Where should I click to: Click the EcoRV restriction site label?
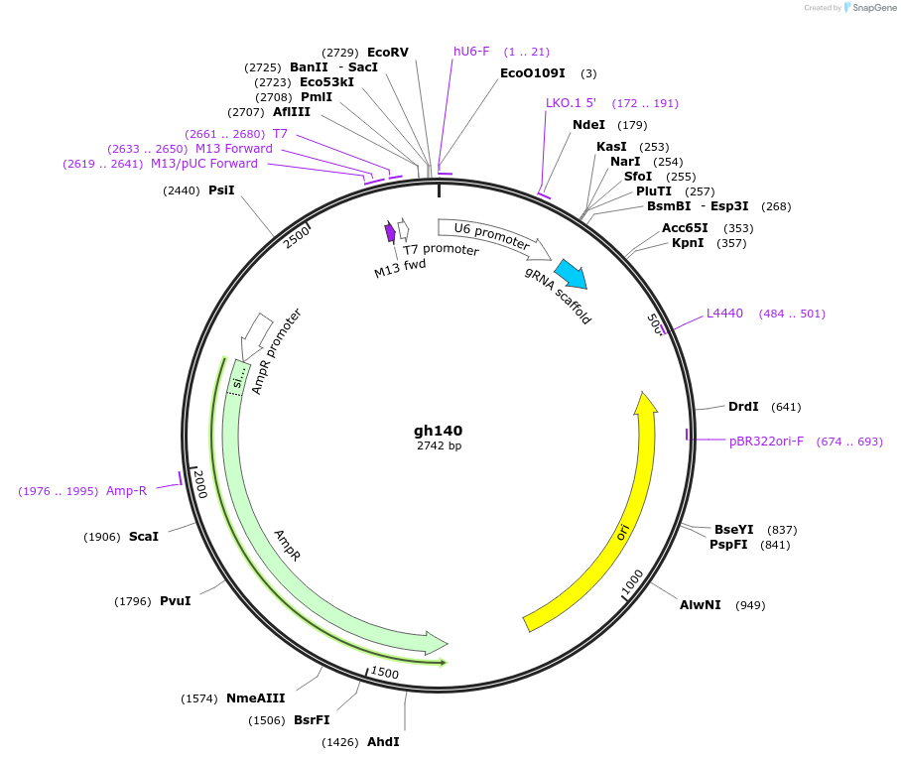click(x=388, y=52)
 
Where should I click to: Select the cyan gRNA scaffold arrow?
click(x=570, y=274)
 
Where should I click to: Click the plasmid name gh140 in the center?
click(x=438, y=431)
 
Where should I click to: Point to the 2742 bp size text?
click(x=439, y=446)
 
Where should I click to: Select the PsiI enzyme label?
click(x=221, y=190)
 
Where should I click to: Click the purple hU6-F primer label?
click(x=471, y=52)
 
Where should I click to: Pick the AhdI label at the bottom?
click(x=383, y=741)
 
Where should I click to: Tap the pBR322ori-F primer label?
click(x=766, y=441)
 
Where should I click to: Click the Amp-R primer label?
click(x=126, y=490)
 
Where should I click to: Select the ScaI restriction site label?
click(x=143, y=536)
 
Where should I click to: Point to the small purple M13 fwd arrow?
click(x=390, y=232)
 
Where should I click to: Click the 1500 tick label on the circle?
click(x=384, y=674)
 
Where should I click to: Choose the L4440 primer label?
click(x=724, y=314)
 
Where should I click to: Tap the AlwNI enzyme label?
click(x=701, y=604)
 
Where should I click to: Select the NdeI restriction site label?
click(x=588, y=125)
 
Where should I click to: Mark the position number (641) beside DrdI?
click(x=785, y=407)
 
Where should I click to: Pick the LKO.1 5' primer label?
click(x=571, y=103)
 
